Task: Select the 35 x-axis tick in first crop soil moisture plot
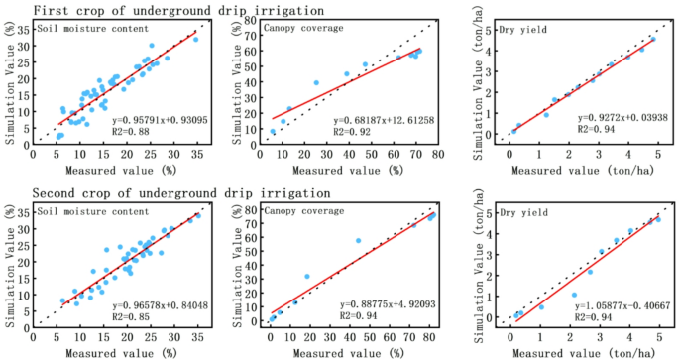click(x=197, y=154)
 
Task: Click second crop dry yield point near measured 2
click(x=573, y=295)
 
